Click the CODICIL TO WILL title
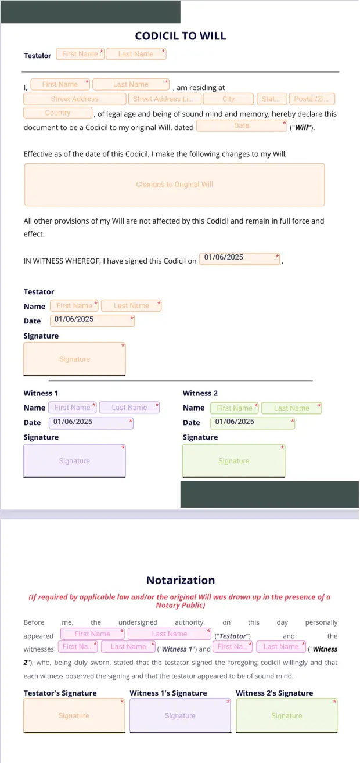[x=180, y=36]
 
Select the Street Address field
[x=75, y=99]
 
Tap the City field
[x=229, y=99]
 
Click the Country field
[x=57, y=113]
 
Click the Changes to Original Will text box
[x=174, y=185]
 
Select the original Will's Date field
[x=242, y=125]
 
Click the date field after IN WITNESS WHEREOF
[x=239, y=258]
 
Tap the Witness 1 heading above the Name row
[x=41, y=393]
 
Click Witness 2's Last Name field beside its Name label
[x=291, y=408]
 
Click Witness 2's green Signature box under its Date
[x=233, y=461]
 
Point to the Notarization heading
[x=180, y=580]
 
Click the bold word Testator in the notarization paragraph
[x=232, y=636]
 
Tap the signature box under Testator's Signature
[x=74, y=715]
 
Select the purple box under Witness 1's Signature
[x=180, y=715]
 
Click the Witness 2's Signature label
[x=274, y=693]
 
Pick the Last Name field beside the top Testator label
[x=136, y=54]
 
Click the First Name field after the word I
[x=60, y=84]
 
